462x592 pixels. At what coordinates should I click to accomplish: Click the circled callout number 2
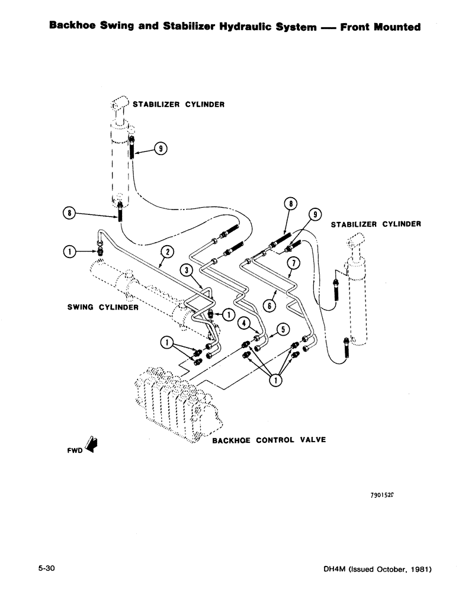168,252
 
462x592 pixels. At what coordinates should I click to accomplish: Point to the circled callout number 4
242,323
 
